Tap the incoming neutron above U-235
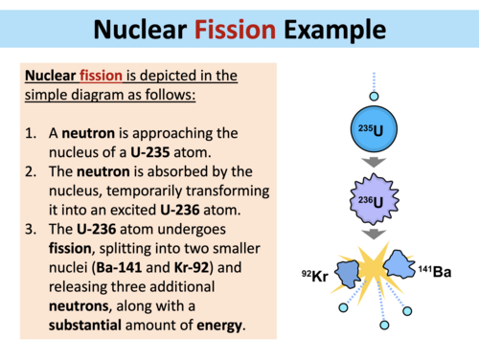374,98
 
